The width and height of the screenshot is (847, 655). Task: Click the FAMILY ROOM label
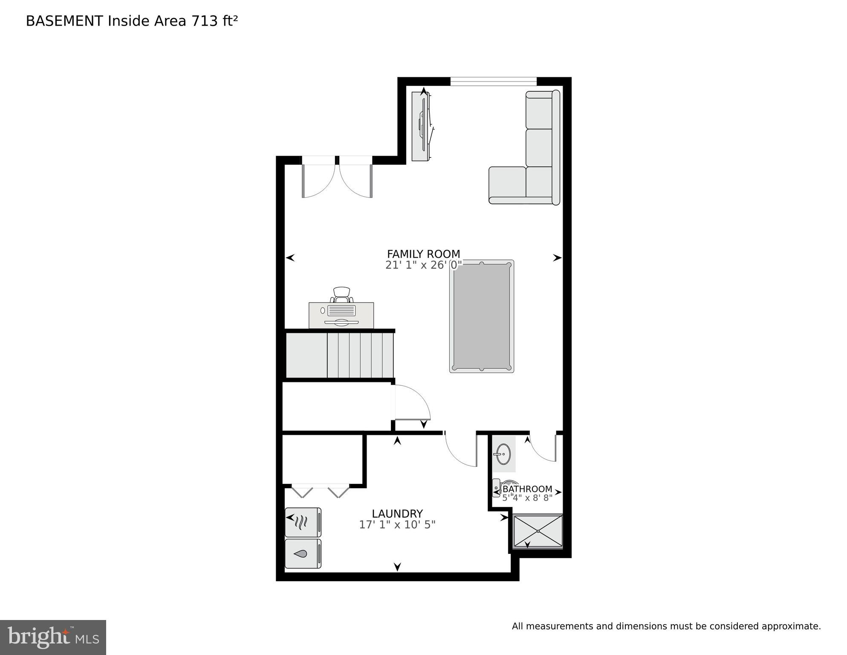coord(423,254)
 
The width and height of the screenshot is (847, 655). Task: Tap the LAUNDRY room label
coord(397,514)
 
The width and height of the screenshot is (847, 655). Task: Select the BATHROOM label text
coord(527,489)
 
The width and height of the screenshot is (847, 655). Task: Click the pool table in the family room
coord(481,316)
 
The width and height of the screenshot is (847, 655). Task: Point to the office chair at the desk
coord(341,294)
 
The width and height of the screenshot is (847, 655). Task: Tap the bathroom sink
coord(503,454)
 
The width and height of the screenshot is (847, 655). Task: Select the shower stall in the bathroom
coord(538,531)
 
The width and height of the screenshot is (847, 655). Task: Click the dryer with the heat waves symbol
coord(302,522)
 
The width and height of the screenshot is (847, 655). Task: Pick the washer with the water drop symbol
coord(302,554)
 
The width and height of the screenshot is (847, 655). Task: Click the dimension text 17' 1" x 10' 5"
coord(397,525)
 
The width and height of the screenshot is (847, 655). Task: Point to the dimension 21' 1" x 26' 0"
coord(423,265)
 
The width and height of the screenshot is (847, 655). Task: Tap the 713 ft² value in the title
coord(214,21)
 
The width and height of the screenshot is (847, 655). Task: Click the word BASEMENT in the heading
coord(64,21)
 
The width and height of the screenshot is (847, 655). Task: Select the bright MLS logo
coord(53,637)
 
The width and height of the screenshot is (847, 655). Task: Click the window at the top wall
coord(493,81)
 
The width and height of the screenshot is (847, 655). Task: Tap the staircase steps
coord(360,355)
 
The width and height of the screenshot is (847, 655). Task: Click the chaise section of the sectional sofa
coord(508,185)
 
